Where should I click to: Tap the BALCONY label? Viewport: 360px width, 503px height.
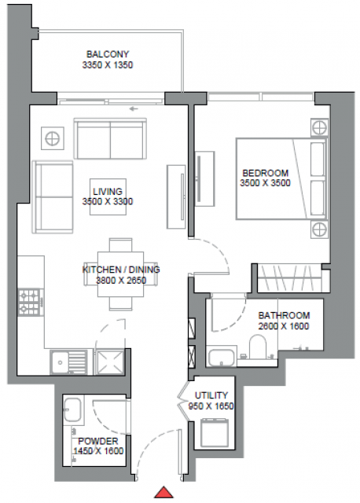108,54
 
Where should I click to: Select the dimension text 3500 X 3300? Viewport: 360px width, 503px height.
108,201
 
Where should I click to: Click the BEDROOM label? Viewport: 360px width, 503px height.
266,173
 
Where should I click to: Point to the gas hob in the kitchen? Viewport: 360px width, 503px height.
31,302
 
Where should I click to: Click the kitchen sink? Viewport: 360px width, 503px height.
68,362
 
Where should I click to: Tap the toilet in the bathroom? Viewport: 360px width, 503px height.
258,347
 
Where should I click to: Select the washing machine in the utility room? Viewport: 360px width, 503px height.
214,433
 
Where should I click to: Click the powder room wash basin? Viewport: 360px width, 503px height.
73,409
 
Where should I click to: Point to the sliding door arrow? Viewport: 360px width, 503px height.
134,109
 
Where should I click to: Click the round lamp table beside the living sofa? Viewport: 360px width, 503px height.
53,138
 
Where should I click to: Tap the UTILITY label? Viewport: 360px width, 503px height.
211,395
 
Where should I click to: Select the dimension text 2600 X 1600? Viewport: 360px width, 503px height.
284,326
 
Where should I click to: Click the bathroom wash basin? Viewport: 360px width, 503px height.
221,357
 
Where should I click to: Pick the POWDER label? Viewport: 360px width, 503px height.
98,441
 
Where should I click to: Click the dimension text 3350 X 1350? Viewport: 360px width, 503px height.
108,65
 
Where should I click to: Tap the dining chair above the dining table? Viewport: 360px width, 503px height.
120,244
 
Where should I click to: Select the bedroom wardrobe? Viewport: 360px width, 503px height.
289,277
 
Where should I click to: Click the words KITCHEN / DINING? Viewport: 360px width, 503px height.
121,270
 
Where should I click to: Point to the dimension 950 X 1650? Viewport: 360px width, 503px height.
211,406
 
